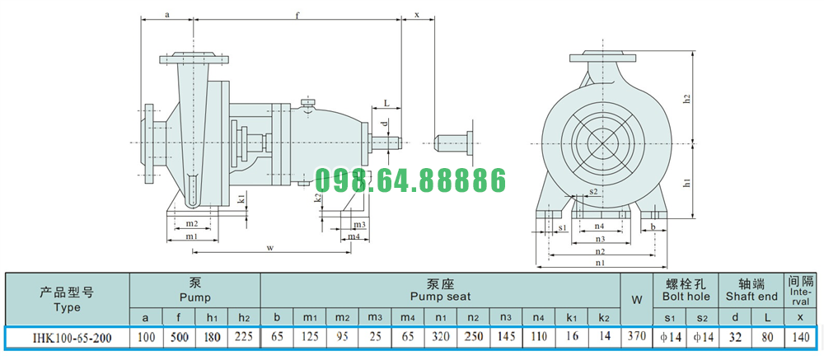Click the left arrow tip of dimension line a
point(141,21)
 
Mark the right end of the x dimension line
point(434,21)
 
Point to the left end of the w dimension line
point(193,252)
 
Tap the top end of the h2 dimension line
point(694,53)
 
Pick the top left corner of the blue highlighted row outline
point(4,326)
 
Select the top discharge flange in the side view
point(194,58)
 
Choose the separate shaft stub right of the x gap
point(456,142)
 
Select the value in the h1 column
point(212,337)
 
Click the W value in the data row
point(636,336)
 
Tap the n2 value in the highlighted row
point(473,337)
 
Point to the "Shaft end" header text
point(751,297)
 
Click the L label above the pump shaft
point(386,103)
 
